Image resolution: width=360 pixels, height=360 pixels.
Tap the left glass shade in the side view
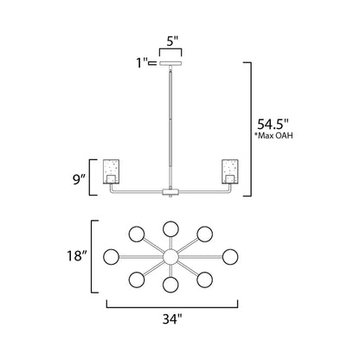coord(113,171)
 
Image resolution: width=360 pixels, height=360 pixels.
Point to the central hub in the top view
coord(171,257)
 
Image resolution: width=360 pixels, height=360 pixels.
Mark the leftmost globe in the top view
coord(111,257)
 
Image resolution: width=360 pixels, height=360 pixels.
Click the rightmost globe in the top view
coord(232,257)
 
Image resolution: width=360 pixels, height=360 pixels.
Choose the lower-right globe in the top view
coord(207,279)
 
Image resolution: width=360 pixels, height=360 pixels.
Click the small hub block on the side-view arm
coord(171,190)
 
